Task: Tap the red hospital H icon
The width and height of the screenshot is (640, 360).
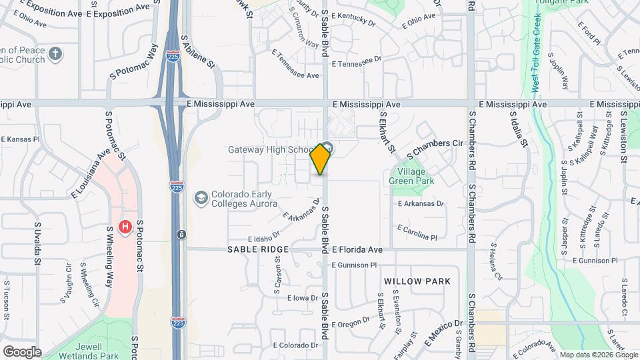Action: [124, 227]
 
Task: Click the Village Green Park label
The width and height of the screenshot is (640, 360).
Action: [412, 175]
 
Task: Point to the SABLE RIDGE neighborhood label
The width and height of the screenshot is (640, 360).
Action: [258, 249]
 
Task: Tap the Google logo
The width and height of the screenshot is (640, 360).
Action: [22, 352]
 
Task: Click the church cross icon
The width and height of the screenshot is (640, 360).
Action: [55, 53]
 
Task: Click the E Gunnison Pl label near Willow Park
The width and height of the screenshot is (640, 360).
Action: [354, 265]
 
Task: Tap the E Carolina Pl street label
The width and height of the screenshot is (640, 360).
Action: [417, 233]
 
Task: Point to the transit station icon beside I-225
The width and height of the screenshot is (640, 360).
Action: [181, 235]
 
